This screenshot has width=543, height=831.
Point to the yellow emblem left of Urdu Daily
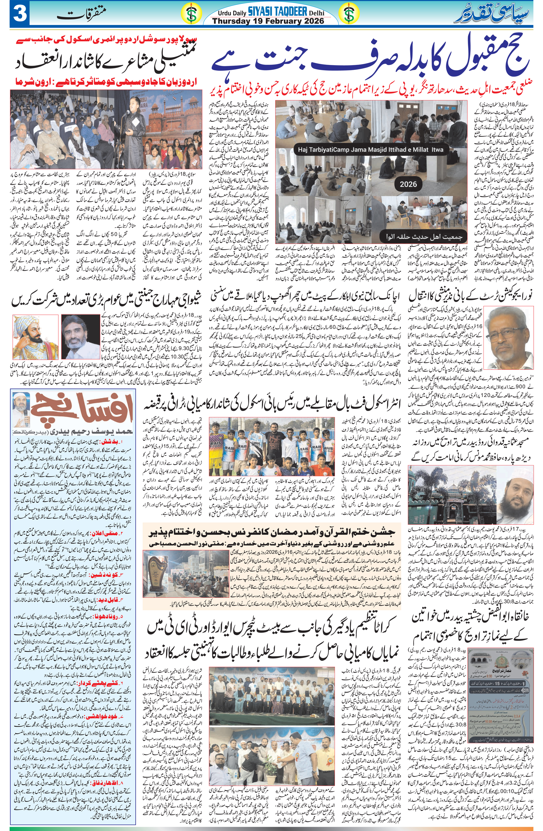point(191,15)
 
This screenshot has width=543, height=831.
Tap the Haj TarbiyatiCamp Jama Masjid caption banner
point(371,149)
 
